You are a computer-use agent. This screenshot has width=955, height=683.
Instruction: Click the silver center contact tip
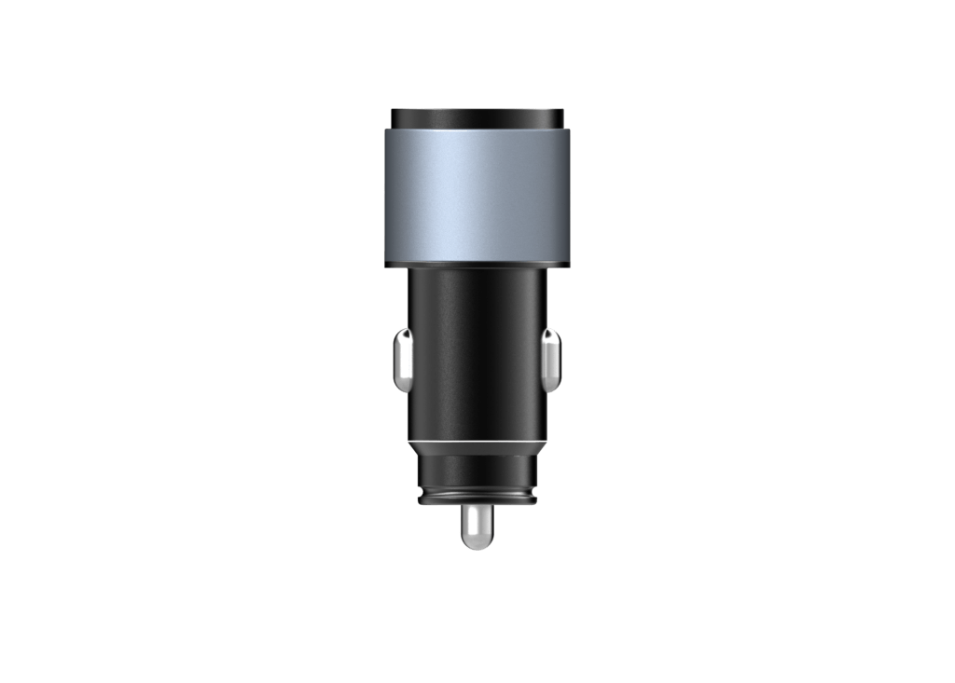tap(477, 527)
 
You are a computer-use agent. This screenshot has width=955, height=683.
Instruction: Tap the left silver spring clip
tap(402, 359)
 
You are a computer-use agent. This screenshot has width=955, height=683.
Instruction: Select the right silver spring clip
tap(551, 359)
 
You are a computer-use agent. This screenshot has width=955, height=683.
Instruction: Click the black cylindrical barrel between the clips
tap(477, 354)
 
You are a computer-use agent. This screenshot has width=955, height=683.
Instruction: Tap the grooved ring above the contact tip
tap(477, 495)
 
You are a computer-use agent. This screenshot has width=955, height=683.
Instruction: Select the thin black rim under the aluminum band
tap(477, 265)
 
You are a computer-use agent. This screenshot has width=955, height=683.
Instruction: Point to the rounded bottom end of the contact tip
tap(477, 547)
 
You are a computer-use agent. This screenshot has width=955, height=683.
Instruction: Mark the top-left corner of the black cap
tap(393, 111)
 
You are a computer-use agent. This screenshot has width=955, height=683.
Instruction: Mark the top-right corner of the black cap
tap(561, 111)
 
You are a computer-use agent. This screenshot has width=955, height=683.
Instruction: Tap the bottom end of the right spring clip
tap(551, 389)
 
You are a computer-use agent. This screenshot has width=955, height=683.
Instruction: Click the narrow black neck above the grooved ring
tap(477, 471)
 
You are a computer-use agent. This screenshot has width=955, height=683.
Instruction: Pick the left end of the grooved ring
tap(419, 495)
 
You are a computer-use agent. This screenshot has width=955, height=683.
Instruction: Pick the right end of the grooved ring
tap(537, 495)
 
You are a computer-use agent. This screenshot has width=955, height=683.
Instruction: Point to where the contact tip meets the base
tap(477, 508)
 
